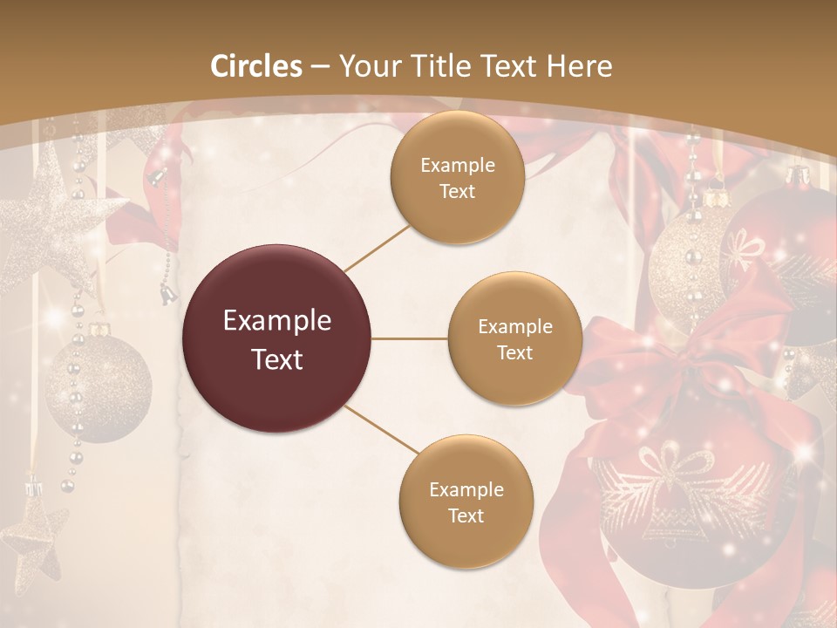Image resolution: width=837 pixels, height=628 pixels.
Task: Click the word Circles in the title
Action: (x=256, y=66)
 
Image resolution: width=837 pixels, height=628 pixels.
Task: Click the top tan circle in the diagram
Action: (x=457, y=178)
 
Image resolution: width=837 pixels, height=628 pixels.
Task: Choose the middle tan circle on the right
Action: (x=514, y=339)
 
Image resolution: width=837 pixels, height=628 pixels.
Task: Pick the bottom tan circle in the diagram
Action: (x=466, y=502)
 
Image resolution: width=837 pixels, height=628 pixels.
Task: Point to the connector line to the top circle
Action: (x=377, y=248)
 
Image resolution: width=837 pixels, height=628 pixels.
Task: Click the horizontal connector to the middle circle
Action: (x=410, y=339)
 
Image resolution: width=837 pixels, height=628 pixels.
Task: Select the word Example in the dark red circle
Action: (x=277, y=321)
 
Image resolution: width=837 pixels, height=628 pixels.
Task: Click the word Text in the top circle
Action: (x=457, y=192)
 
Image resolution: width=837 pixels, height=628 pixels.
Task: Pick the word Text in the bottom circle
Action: (x=466, y=515)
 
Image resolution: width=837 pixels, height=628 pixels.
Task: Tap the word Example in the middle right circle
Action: (x=514, y=327)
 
